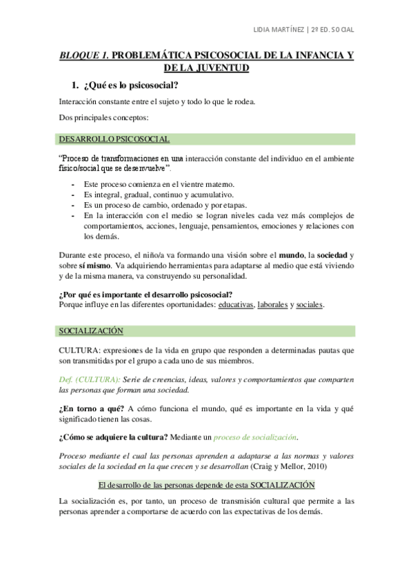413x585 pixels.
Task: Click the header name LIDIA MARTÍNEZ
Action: (279, 30)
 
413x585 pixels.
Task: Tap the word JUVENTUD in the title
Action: (221, 68)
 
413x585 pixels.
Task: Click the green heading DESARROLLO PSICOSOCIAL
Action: (114, 140)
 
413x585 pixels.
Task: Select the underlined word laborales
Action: (272, 304)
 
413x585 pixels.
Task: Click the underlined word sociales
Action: (309, 304)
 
